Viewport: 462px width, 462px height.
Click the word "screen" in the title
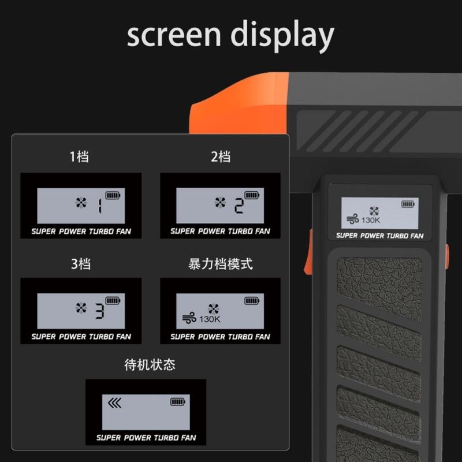(174, 35)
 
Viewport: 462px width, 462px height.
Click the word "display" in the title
(282, 36)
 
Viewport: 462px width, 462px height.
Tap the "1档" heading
(79, 157)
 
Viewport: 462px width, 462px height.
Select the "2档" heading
(221, 157)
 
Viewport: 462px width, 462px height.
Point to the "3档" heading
(80, 264)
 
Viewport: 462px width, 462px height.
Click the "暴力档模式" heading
(221, 264)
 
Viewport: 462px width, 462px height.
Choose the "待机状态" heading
(150, 365)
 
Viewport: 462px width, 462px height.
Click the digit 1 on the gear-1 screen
(100, 206)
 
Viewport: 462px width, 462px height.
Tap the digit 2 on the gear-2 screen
(239, 206)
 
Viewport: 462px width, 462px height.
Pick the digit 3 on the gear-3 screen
(99, 311)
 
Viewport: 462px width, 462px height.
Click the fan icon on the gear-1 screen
(81, 203)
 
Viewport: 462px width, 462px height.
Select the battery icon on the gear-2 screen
(252, 195)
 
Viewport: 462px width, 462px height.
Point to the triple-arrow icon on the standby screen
(114, 403)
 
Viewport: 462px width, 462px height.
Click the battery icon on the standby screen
(178, 401)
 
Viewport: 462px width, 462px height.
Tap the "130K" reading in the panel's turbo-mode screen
(210, 319)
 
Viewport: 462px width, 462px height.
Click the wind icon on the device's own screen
(353, 219)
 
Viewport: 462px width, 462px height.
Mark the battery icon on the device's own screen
(408, 204)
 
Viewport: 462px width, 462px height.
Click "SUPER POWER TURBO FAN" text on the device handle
(380, 236)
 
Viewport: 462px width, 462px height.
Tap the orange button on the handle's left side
(308, 251)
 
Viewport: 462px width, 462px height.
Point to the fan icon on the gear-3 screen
(81, 308)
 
